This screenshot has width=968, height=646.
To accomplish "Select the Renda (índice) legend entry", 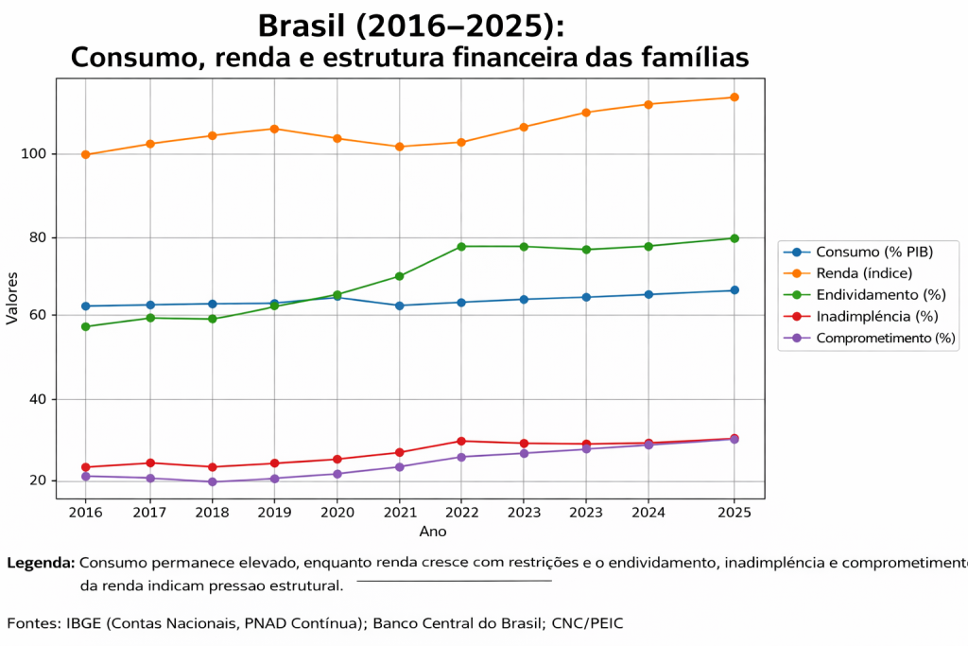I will click(863, 273).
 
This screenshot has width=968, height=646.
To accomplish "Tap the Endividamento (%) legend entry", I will click(880, 295).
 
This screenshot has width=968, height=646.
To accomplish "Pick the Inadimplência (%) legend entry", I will click(876, 316).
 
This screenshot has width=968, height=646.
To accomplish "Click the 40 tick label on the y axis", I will click(40, 399).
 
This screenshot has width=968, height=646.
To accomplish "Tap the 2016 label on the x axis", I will click(86, 513).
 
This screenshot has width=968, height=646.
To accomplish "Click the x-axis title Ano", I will click(433, 532).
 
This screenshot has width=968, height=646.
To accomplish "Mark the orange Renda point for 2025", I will click(734, 97).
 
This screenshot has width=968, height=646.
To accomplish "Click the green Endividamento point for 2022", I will click(461, 247).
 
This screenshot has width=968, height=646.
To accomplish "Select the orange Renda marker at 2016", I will click(86, 154).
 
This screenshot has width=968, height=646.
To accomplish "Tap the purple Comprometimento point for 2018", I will click(212, 481).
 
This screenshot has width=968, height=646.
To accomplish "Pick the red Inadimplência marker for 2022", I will click(461, 441).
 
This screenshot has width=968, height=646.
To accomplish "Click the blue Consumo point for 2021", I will click(399, 306).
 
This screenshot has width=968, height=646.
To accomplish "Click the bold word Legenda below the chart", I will click(41, 563).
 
